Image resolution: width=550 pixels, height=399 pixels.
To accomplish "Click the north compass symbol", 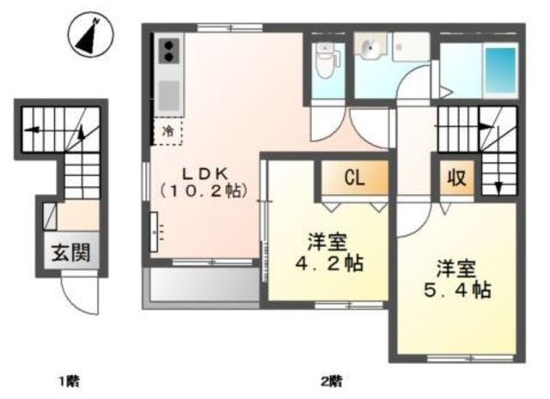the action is [91, 35].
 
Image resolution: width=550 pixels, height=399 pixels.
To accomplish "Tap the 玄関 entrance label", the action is [70, 252].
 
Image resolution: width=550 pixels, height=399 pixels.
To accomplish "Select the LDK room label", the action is [205, 173].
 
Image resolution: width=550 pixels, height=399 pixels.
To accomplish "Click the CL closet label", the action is [355, 178].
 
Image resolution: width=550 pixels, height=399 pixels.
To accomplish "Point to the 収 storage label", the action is [456, 178].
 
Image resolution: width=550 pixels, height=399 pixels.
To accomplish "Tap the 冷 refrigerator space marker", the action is [168, 131].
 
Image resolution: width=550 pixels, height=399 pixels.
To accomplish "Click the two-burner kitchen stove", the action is [168, 51].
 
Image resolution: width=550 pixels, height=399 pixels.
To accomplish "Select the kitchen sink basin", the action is [169, 95].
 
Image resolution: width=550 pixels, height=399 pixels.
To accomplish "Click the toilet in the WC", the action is [326, 60].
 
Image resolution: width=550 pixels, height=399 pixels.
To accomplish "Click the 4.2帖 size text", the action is [329, 263].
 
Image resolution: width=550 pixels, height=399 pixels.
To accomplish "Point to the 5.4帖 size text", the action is [456, 289].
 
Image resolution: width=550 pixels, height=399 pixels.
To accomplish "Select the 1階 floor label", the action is [69, 381].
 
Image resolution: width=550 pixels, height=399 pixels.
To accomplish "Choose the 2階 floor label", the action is [332, 381].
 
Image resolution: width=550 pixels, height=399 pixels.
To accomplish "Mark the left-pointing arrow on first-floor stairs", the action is [33, 130].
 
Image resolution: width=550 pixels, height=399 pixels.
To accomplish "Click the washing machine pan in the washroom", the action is [411, 47].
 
